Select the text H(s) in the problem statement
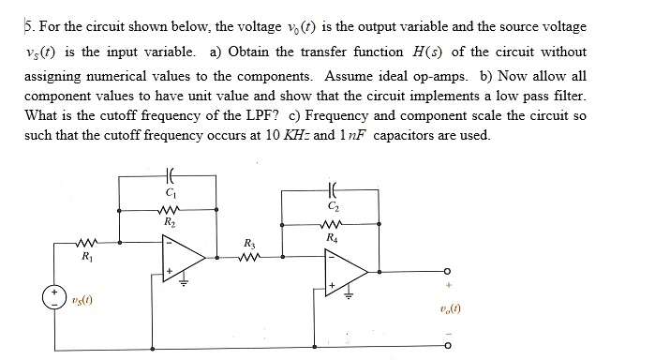447,52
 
